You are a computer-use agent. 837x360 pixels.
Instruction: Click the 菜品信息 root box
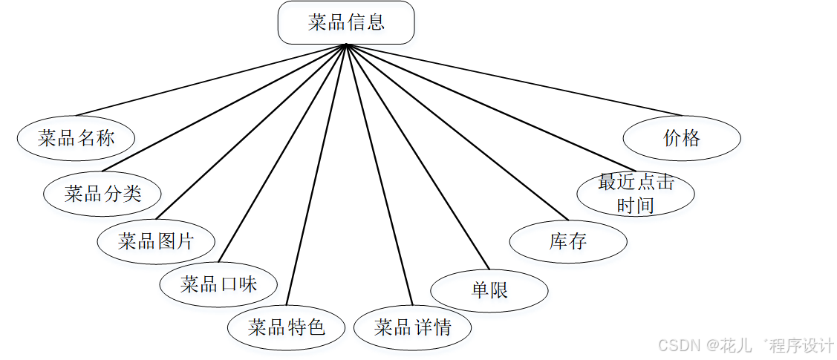coord(345,22)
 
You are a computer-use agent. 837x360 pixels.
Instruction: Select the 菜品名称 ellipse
coord(76,138)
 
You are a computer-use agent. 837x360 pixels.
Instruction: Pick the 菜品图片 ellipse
coord(156,241)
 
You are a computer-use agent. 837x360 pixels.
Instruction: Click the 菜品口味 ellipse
coord(218,284)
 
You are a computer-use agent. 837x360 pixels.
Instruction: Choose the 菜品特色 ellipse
coord(286,327)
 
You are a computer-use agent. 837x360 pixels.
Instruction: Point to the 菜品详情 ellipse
coord(412,327)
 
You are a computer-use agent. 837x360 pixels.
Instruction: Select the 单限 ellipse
coord(489,290)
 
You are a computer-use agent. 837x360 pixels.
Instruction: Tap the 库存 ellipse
coord(568,241)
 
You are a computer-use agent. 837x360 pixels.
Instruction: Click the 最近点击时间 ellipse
coord(636,194)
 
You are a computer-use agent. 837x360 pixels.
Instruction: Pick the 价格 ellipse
coord(682,138)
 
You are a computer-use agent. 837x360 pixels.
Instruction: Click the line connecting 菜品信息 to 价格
coord(512,79)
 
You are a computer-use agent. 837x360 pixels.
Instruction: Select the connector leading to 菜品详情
coord(379,174)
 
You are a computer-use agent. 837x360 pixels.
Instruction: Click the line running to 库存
coord(457,132)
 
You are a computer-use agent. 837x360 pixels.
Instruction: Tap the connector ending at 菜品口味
coord(282,154)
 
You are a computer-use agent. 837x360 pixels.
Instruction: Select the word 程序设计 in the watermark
coord(802,345)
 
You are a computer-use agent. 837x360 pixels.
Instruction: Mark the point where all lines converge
coord(346,45)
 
